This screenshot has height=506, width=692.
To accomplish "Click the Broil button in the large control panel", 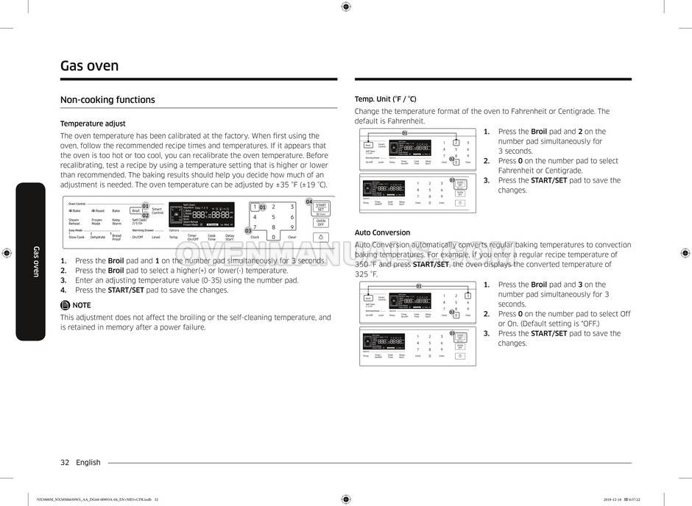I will pos(136,210).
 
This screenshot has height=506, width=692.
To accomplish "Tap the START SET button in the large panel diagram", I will pos(320,208).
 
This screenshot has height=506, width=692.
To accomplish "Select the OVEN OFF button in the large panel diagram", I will pos(320,222).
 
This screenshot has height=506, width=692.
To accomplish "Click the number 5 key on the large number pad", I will pos(273,217).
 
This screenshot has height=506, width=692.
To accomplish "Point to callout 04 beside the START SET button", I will pos(309,202).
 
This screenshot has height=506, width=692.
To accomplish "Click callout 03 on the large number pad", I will pos(248,231).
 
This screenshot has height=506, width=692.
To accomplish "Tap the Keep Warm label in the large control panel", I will pos(116,221).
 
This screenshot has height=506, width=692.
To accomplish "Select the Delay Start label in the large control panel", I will pos(230,238).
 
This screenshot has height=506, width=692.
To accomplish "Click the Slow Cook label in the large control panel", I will pos(77,238).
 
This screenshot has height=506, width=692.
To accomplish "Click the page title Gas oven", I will pos(89,66).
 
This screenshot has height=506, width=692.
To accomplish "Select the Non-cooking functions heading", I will pos(107,100).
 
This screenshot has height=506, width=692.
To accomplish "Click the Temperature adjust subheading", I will pos(93,124).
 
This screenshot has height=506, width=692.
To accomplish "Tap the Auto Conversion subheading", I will pos(382,232).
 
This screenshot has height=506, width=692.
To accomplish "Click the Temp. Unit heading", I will pos(385,99).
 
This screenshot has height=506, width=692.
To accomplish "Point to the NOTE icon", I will pos(65,304).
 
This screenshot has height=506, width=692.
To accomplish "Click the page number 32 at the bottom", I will pos(65,463).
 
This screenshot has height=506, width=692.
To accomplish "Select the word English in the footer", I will pos(88,463).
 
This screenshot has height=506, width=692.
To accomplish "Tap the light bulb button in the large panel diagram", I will pos(320,238).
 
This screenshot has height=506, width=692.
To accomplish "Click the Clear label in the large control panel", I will pos(292,238).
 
